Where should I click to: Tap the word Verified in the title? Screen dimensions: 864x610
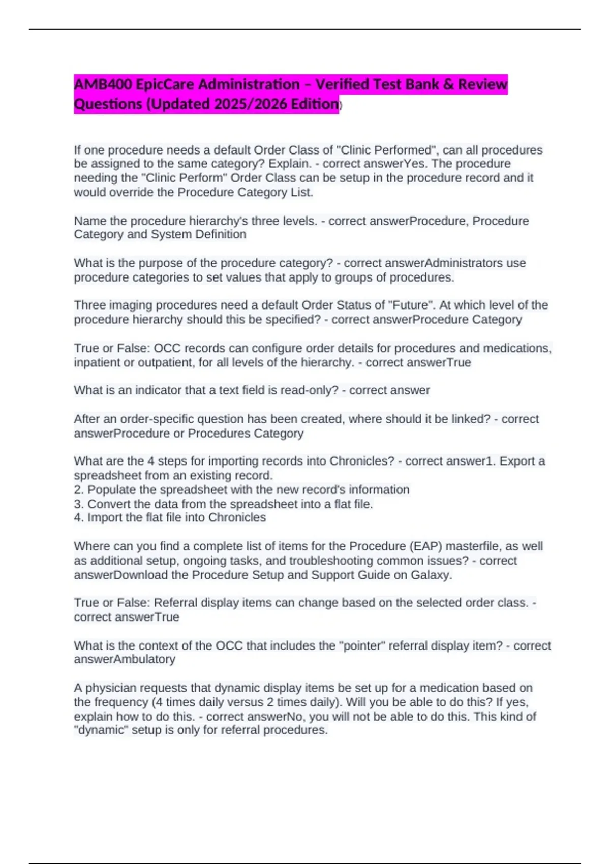[342, 84]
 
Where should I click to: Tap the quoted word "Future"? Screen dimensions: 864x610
[412, 305]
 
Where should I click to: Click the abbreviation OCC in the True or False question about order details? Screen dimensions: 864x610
[166, 348]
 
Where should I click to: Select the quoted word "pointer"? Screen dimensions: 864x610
[364, 645]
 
